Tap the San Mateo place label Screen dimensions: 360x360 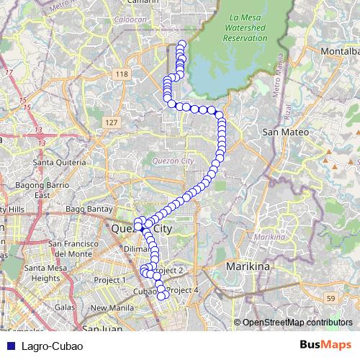click(284, 132)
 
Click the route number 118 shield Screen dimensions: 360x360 click(121, 74)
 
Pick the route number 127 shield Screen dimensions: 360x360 click(110, 123)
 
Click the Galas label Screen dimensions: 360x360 click(65, 307)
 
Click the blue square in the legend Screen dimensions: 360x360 click(8, 346)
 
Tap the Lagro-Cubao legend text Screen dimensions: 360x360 click(52, 346)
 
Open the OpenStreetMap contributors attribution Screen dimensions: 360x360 click(297, 322)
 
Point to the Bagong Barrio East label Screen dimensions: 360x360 click(42, 191)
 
